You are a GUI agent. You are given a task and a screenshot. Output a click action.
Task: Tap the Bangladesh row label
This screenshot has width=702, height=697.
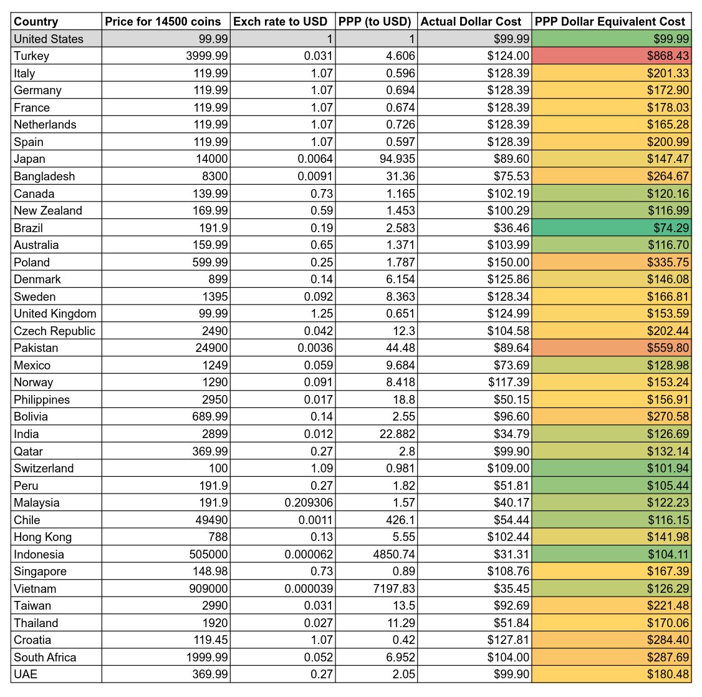coord(44,177)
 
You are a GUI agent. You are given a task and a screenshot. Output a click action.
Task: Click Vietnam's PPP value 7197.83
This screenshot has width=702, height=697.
coord(392,589)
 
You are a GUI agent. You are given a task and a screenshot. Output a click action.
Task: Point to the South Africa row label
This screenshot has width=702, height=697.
coord(45,658)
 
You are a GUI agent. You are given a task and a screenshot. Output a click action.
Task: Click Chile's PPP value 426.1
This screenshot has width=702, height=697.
coord(400,520)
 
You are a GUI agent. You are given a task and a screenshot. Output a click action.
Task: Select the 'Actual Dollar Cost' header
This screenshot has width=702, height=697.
coord(471,21)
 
